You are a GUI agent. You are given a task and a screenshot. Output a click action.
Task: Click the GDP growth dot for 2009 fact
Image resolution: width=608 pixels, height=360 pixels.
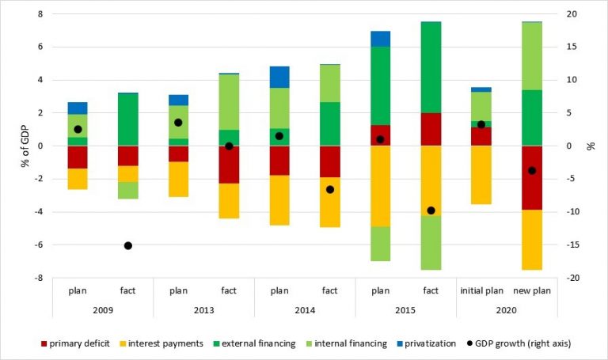[x=128, y=245]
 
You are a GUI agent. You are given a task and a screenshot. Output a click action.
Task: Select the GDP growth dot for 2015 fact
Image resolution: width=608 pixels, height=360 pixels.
[x=431, y=210]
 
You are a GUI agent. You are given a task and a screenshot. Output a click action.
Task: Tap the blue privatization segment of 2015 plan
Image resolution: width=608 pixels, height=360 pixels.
[x=381, y=39]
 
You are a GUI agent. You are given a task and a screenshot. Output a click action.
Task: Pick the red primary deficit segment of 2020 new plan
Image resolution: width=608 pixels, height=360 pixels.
[x=532, y=177]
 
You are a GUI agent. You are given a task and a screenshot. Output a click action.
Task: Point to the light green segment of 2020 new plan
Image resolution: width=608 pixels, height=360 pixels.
[x=532, y=56]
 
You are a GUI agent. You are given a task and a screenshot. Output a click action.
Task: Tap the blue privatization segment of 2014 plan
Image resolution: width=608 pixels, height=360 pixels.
[x=279, y=77]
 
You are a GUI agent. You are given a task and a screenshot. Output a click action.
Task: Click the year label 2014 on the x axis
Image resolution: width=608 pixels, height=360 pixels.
[x=305, y=309]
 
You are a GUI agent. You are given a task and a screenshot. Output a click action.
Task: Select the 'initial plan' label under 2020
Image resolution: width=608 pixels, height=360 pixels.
[x=481, y=291]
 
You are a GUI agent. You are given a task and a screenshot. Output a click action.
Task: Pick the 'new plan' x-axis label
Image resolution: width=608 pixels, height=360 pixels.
[x=532, y=291]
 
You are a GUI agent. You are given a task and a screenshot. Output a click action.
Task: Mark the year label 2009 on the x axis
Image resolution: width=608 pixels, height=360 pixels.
[x=103, y=309]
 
